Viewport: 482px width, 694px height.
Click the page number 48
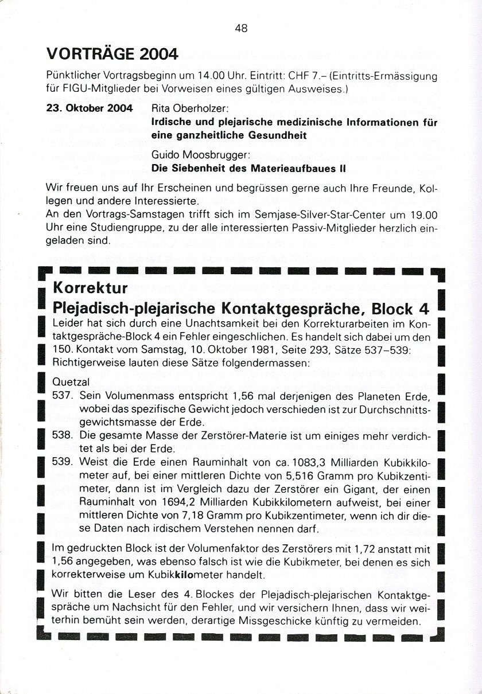coord(241,28)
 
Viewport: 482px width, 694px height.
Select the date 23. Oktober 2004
coord(89,108)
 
